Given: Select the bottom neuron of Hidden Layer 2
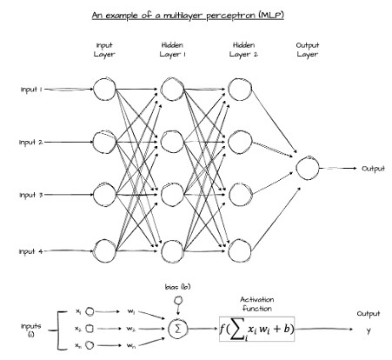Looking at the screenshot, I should [x=238, y=251].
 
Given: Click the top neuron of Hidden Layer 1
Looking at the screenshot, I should [x=172, y=89].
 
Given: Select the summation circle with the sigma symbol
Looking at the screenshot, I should [x=177, y=329].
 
